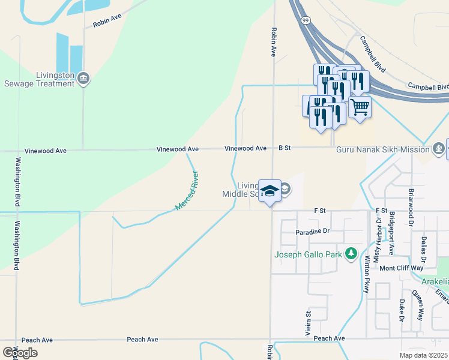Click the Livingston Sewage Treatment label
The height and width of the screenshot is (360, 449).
click(40, 79)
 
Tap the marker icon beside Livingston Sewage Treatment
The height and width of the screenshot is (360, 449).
click(83, 78)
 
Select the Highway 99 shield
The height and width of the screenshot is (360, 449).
click(306, 20)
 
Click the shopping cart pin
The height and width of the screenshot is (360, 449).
click(360, 107)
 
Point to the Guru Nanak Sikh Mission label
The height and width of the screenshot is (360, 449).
click(382, 148)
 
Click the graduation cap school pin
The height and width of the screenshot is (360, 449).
click(270, 191)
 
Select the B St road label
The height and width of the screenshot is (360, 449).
click(284, 148)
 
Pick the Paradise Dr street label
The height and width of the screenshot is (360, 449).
click(313, 231)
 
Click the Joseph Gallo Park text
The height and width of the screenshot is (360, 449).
click(308, 254)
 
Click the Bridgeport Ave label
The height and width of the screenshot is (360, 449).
click(391, 233)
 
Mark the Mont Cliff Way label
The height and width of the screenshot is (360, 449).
click(401, 268)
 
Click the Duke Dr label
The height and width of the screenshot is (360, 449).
click(402, 310)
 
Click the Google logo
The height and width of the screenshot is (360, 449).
click(20, 353)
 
